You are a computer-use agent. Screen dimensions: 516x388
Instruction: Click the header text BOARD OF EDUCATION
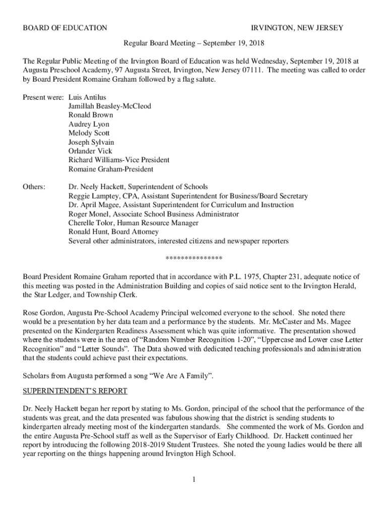pyautogui.click(x=65, y=28)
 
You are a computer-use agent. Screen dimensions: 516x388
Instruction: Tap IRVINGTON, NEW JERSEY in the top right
pyautogui.click(x=297, y=28)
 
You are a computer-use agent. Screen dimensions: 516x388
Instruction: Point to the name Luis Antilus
pyautogui.click(x=87, y=97)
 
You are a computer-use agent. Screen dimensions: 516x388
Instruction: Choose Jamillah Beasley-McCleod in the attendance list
pyautogui.click(x=110, y=106)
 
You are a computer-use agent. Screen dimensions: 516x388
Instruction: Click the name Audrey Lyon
pyautogui.click(x=89, y=124)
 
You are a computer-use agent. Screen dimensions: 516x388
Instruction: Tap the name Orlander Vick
pyautogui.click(x=90, y=151)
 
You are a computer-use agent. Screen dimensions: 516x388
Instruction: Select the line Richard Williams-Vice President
pyautogui.click(x=119, y=160)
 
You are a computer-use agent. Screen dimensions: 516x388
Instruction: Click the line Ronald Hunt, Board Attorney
pyautogui.click(x=113, y=232)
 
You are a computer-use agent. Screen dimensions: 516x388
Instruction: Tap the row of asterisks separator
pyautogui.click(x=194, y=259)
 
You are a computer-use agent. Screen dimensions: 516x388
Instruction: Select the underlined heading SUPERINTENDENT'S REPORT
pyautogui.click(x=75, y=391)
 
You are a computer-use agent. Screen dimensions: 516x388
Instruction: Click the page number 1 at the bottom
pyautogui.click(x=193, y=479)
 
